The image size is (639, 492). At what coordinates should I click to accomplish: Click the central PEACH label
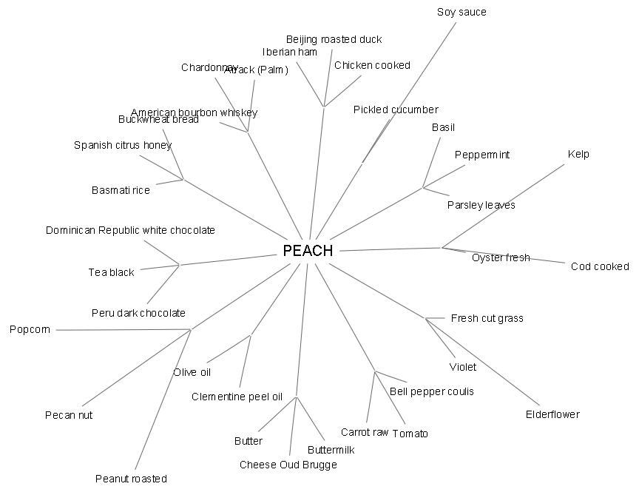coord(308,251)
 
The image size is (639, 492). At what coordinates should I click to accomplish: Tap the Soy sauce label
coord(461,12)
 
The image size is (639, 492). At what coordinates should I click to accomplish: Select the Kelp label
coord(578,154)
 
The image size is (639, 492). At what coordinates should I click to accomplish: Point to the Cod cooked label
coord(600,266)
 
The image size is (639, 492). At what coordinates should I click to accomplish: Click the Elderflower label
coord(552,414)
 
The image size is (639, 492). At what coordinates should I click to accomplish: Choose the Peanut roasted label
coord(131,479)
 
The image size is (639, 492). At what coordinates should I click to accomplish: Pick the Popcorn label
coord(30,329)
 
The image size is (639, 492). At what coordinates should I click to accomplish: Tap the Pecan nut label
coord(69,415)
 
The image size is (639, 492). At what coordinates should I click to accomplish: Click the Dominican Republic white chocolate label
coord(130,230)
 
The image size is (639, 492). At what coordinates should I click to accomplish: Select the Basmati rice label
coord(121,190)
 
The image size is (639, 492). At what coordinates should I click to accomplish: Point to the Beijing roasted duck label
coord(334,39)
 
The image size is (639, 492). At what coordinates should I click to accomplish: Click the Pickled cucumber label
coord(396,109)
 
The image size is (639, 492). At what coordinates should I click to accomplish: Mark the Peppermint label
coord(482,155)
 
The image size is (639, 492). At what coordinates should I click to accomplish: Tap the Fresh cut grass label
coord(487,318)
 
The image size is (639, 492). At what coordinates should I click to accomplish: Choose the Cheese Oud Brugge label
coord(288,465)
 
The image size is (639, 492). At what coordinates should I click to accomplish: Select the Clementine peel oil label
coord(237,397)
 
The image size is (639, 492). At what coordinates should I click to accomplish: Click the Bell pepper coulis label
coord(432,391)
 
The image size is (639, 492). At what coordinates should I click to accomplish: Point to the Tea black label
coord(111,272)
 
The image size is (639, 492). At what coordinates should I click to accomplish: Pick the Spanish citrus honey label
coord(123,145)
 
